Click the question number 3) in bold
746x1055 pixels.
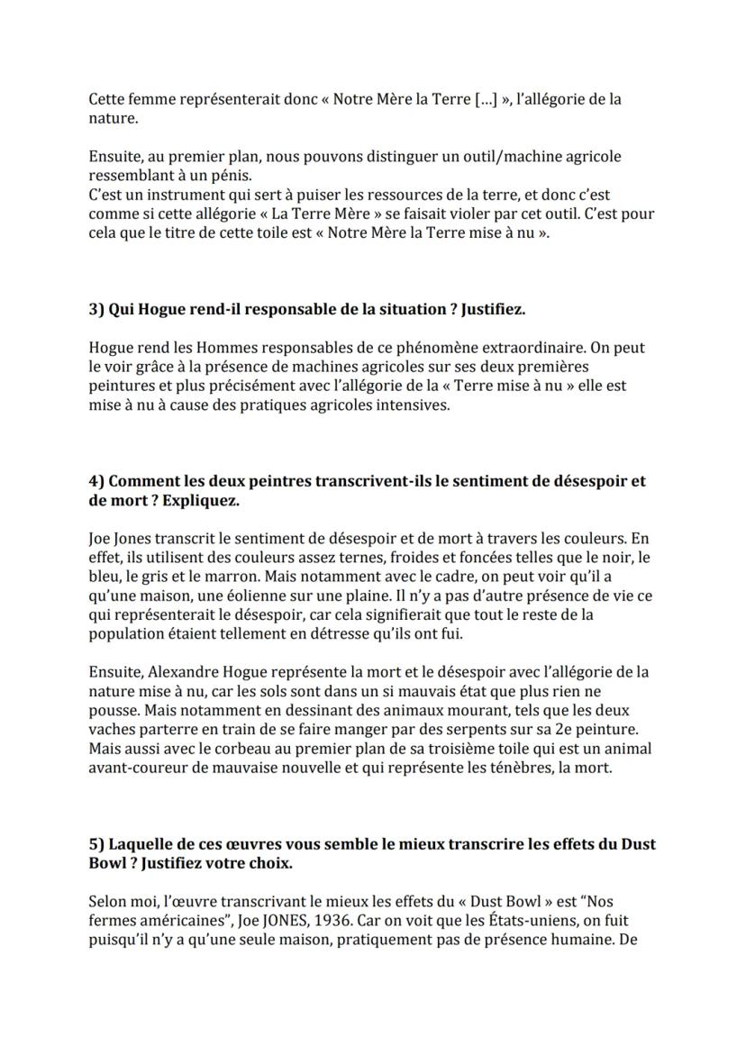point(97,309)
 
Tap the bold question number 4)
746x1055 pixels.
point(97,481)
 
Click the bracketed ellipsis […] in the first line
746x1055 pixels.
point(487,99)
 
